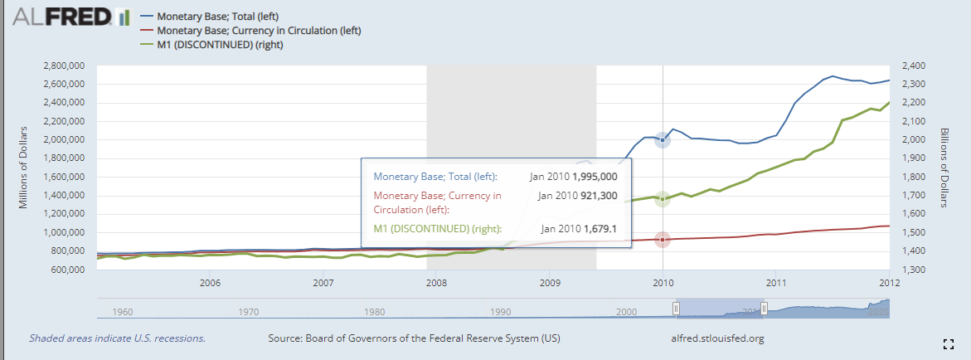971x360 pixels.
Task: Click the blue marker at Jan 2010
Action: point(663,140)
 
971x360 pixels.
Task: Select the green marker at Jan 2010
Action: point(663,199)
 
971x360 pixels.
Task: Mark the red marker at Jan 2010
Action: point(663,240)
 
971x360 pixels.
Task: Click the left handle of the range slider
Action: point(676,309)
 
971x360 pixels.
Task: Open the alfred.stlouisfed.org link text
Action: point(716,338)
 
